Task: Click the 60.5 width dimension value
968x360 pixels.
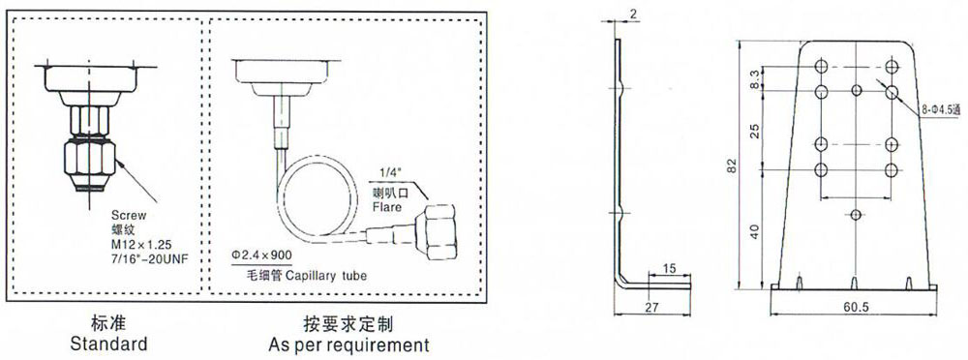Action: coord(855,308)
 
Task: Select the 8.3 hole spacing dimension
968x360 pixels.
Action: coord(754,79)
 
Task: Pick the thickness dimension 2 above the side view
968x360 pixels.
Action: coord(633,15)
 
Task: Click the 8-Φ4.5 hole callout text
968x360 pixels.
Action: coord(942,111)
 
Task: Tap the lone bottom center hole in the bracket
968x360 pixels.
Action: coord(856,214)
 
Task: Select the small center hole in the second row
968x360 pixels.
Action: coord(857,91)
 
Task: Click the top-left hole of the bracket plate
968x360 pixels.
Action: coord(821,66)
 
